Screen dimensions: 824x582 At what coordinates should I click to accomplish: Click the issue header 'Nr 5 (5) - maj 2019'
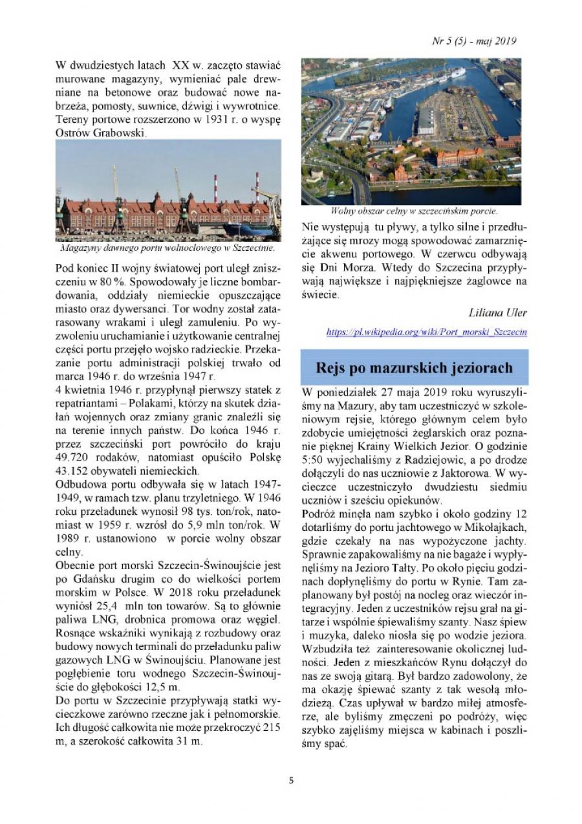(473, 41)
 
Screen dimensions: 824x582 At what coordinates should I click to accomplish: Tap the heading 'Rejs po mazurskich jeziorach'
(414, 368)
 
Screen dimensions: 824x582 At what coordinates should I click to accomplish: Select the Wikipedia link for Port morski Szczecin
(427, 332)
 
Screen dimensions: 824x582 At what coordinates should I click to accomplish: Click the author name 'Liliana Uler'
(498, 312)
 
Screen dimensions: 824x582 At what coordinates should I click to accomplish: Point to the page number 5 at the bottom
(291, 780)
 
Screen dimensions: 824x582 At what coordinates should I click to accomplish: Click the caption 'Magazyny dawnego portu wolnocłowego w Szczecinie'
(167, 247)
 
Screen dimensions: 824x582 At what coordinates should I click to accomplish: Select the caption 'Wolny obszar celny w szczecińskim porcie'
(414, 211)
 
